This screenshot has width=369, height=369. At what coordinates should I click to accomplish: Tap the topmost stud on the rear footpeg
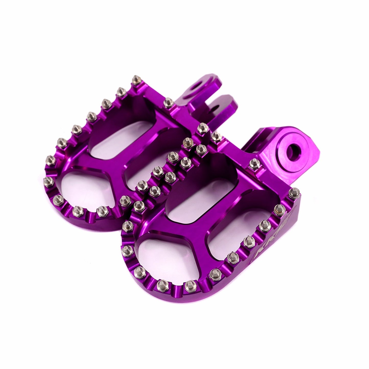point(135,80)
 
